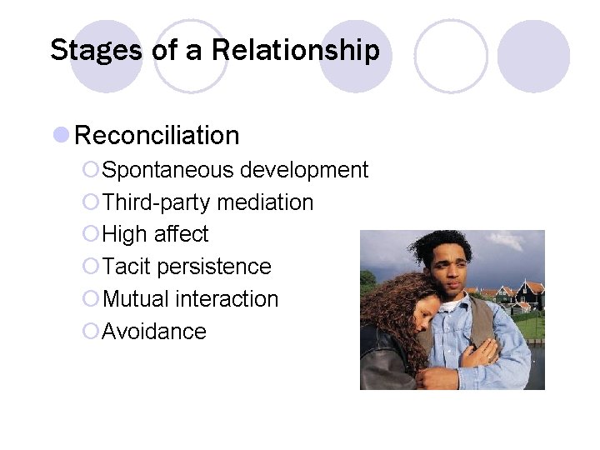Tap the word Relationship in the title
(x=295, y=50)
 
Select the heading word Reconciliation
(x=157, y=135)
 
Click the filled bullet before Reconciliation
(x=60, y=135)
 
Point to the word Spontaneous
(x=167, y=171)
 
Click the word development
(x=303, y=171)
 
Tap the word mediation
(x=264, y=202)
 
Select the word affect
(x=181, y=234)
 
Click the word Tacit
(x=126, y=267)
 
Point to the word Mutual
(x=133, y=298)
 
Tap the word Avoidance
(x=153, y=331)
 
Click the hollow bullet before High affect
(x=91, y=235)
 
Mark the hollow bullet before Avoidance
(x=91, y=332)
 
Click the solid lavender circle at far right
(x=533, y=56)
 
